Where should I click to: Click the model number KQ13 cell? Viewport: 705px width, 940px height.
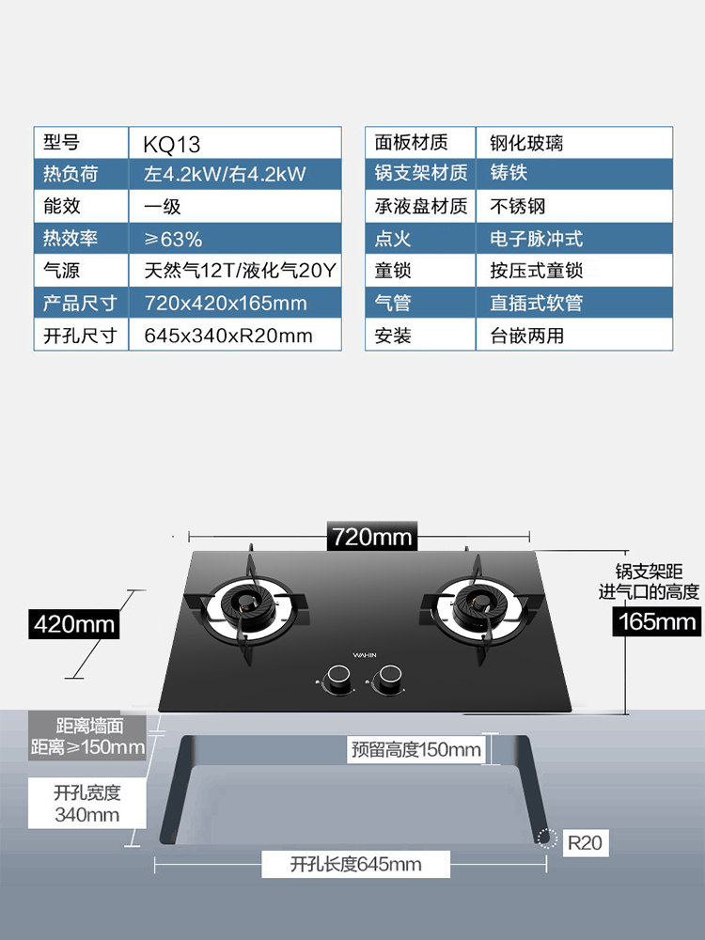(x=235, y=144)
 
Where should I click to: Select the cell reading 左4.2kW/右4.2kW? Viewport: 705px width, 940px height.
(x=235, y=174)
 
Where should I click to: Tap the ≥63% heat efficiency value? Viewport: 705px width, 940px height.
(x=235, y=239)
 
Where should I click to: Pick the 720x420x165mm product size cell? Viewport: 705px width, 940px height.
(x=235, y=303)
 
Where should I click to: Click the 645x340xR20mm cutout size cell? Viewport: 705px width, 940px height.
(x=235, y=336)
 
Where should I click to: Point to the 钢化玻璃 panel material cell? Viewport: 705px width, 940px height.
(x=574, y=144)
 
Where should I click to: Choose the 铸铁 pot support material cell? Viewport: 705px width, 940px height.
(x=574, y=174)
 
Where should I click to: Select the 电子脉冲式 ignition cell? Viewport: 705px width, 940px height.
(x=574, y=239)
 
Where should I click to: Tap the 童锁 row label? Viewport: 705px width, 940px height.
(x=420, y=271)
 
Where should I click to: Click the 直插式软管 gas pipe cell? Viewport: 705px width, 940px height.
(x=574, y=303)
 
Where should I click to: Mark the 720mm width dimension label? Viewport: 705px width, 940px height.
(x=372, y=537)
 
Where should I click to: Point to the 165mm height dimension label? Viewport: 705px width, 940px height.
(x=657, y=620)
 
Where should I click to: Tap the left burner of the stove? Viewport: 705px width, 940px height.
(x=252, y=607)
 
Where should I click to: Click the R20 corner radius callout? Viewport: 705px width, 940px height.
(x=583, y=842)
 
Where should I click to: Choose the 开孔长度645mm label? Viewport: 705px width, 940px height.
(x=355, y=864)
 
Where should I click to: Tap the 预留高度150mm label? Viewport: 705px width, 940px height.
(x=415, y=749)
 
